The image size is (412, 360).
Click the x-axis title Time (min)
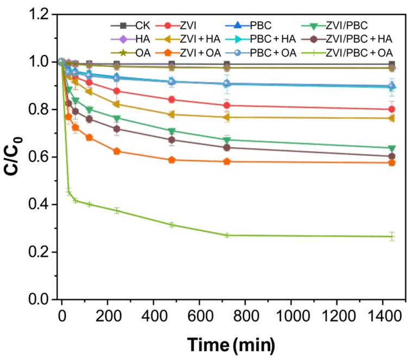tap(231, 344)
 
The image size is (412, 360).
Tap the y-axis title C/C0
tap(15, 157)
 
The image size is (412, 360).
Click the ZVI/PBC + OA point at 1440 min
tap(392, 236)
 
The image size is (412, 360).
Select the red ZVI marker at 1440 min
tap(392, 109)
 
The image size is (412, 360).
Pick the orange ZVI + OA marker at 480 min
tap(172, 160)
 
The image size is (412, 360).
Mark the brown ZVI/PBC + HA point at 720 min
tap(227, 147)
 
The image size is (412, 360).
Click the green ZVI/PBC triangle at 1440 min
tap(392, 148)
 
